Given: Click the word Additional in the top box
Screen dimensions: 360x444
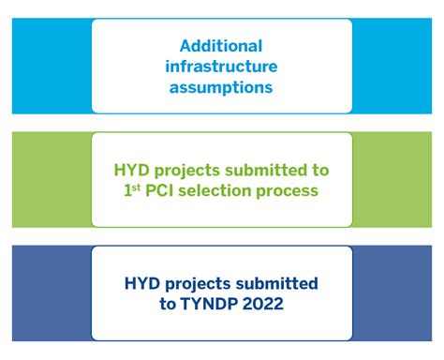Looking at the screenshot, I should (221, 46).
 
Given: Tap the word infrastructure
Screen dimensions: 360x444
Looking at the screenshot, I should (221, 67).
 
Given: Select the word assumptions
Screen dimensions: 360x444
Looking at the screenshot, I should (221, 87).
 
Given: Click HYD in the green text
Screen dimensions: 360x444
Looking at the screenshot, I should (133, 171).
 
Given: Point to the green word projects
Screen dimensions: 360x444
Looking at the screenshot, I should (193, 172).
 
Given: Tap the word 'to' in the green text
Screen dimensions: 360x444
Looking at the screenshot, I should (320, 171).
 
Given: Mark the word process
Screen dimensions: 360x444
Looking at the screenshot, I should (291, 191).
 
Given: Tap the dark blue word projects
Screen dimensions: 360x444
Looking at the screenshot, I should (203, 284).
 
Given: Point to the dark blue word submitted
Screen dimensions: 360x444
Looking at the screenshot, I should (280, 283).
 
